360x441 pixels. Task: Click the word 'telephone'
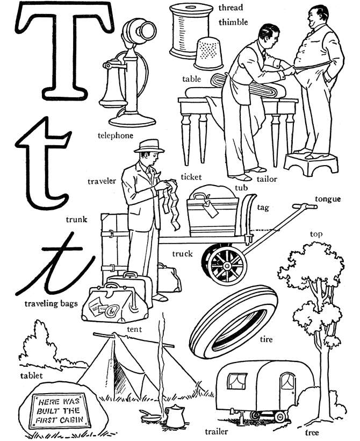coord(115,136)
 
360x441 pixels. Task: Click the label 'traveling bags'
coord(51,303)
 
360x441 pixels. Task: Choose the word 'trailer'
coord(217,431)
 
